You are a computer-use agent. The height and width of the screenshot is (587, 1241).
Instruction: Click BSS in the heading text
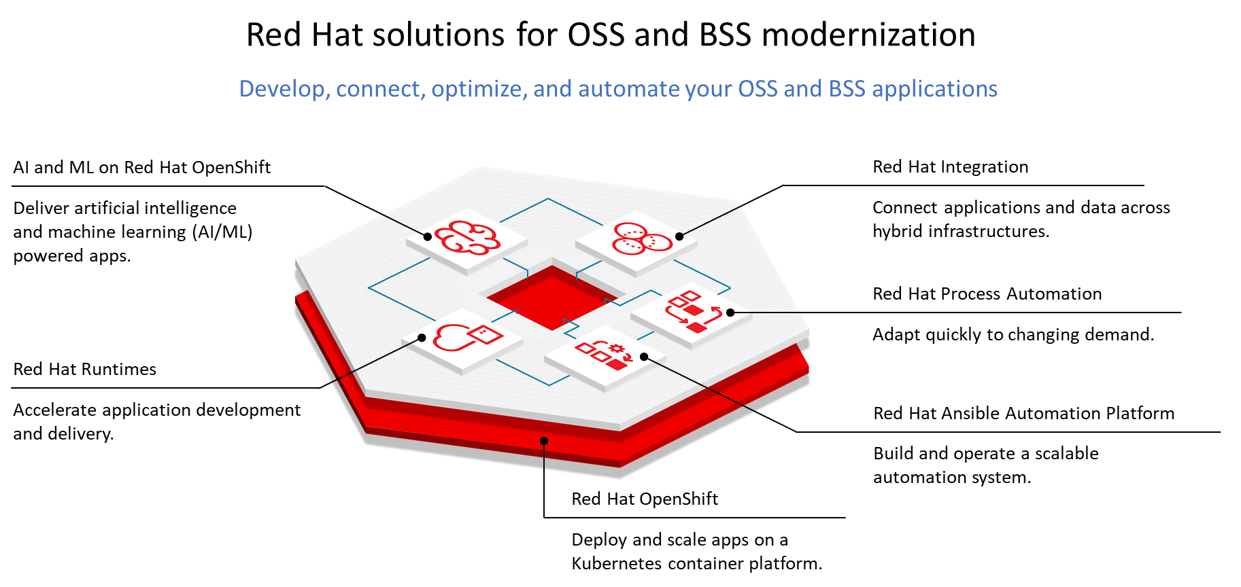[x=847, y=89]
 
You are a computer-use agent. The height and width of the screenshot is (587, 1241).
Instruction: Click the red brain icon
[x=466, y=238]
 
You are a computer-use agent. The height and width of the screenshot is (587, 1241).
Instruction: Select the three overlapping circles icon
[x=641, y=238]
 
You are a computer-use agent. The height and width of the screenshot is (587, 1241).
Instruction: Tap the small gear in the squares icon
[x=616, y=349]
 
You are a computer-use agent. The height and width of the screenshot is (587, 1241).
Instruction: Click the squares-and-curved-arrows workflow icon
[x=692, y=312]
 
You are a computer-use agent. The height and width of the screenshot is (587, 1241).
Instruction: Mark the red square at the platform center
[x=552, y=298]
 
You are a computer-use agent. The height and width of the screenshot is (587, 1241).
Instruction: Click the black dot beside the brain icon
[x=428, y=236]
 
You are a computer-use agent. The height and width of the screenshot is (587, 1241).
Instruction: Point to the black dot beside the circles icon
[x=679, y=236]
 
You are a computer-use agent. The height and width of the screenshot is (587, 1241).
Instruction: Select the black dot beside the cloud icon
[x=422, y=338]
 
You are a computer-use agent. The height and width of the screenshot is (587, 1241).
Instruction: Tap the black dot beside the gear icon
[x=644, y=356]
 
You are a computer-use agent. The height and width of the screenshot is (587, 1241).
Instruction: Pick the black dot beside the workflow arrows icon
[x=730, y=313]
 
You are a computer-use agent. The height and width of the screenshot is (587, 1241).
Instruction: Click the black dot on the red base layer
[x=544, y=441]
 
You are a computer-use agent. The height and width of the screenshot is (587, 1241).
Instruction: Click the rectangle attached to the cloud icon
[x=486, y=334]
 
